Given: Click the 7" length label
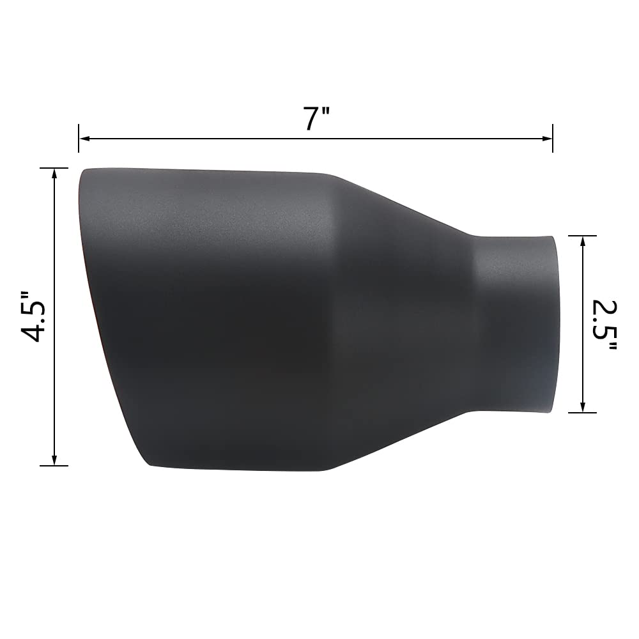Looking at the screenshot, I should tap(316, 119).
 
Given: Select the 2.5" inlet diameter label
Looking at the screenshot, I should tap(604, 325).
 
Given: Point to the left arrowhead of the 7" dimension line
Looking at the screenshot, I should tap(83, 138).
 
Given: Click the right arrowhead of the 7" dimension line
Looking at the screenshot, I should tap(548, 138).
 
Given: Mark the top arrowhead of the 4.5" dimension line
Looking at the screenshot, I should tap(54, 173).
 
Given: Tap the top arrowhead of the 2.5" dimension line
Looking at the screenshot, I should tap(582, 240).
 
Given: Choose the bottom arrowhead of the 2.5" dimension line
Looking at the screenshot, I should tap(582, 408).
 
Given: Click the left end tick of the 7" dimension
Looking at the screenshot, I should tap(79, 138).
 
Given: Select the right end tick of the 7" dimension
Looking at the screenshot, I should tap(552, 138).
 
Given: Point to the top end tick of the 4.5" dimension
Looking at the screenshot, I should tap(54, 168).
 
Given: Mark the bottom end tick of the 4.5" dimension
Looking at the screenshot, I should tap(54, 465).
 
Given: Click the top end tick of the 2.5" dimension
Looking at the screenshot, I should tap(582, 236).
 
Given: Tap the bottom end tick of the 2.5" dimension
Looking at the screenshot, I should tap(582, 412).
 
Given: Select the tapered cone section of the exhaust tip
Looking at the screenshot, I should tap(403, 319).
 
